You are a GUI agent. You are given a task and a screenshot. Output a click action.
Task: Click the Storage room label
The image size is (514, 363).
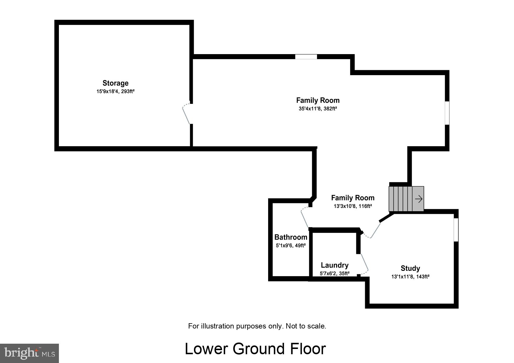(115, 83)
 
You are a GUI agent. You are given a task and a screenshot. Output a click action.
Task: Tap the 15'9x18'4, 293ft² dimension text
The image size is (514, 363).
(115, 92)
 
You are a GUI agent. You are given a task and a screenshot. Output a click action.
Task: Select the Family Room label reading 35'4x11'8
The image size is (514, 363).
(318, 100)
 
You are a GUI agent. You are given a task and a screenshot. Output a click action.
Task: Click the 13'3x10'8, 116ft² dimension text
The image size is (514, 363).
(353, 206)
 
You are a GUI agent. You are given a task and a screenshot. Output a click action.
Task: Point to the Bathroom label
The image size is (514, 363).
(291, 237)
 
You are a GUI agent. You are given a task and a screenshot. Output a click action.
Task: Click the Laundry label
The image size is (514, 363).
(335, 265)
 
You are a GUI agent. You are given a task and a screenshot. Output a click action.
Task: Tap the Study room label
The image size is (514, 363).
(410, 268)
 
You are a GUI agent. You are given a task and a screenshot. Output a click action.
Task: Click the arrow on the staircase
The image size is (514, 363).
(419, 199)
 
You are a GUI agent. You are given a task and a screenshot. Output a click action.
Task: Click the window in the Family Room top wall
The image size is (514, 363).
(306, 57)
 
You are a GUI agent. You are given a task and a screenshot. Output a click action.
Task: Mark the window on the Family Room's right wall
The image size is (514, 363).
(447, 113)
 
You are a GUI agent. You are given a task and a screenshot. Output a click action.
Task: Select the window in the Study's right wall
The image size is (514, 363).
(456, 230)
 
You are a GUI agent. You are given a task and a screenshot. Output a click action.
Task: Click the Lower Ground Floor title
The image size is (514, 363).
(255, 349)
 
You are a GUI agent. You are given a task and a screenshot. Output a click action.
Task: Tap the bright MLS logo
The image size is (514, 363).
(30, 353)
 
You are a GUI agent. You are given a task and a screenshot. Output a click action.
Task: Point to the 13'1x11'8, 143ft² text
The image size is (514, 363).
(410, 277)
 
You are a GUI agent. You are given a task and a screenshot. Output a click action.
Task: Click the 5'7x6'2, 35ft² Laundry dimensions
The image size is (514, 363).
(335, 274)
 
